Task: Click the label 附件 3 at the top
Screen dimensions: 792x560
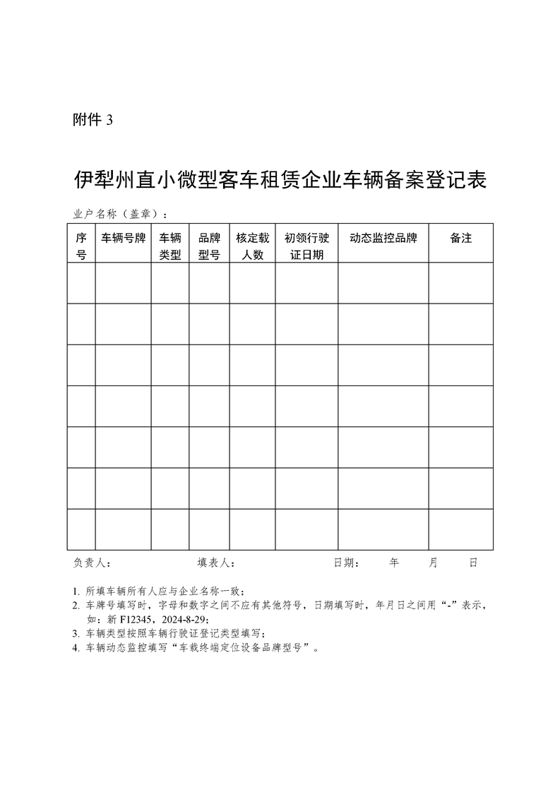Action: [93, 120]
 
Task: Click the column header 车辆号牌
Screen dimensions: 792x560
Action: [123, 239]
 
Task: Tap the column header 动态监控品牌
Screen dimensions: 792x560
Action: [383, 239]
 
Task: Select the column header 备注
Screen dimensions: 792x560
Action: [460, 239]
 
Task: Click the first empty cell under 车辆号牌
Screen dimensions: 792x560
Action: [123, 284]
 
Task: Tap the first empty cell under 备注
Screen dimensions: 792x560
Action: [460, 284]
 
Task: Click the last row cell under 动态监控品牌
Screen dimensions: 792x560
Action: [383, 529]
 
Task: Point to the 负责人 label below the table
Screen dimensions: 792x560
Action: [91, 563]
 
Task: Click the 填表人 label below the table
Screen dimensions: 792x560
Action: [215, 563]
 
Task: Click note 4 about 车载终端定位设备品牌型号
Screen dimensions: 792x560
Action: [201, 646]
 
